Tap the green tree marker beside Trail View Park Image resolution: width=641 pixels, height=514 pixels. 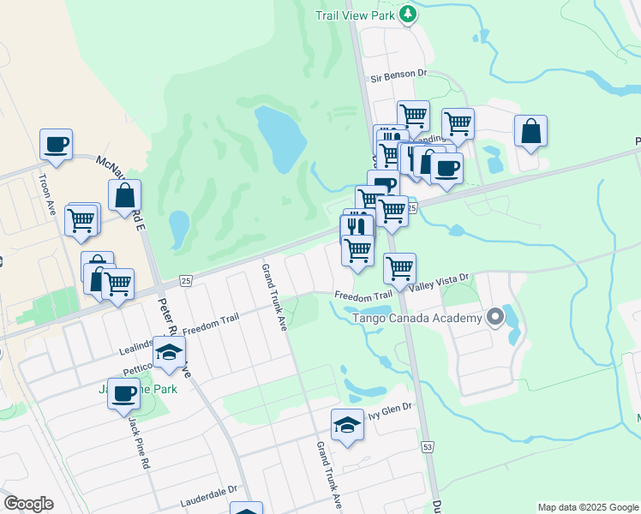pyautogui.click(x=409, y=14)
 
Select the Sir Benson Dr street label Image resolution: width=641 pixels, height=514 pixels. pyautogui.click(x=398, y=76)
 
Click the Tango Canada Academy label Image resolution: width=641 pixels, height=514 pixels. pyautogui.click(x=418, y=319)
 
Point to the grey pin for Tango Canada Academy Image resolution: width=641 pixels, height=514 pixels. pyautogui.click(x=495, y=319)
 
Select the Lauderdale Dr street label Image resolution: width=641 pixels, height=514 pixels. pyautogui.click(x=208, y=500)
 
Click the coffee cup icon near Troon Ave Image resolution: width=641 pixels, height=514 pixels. pyautogui.click(x=57, y=145)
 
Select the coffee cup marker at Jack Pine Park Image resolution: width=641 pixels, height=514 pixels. pyautogui.click(x=124, y=394)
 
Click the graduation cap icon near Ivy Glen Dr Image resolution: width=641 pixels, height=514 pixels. pyautogui.click(x=347, y=425)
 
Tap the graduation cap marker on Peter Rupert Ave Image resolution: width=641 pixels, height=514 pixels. pyautogui.click(x=170, y=353)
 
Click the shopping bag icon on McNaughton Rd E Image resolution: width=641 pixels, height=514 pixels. pyautogui.click(x=125, y=196)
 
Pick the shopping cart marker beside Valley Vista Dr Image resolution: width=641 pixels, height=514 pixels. pyautogui.click(x=399, y=268)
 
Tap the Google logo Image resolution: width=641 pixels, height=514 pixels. pyautogui.click(x=28, y=504)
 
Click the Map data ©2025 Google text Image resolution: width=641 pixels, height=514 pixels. pyautogui.click(x=588, y=507)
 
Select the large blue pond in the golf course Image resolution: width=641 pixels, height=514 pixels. pyautogui.click(x=280, y=137)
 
